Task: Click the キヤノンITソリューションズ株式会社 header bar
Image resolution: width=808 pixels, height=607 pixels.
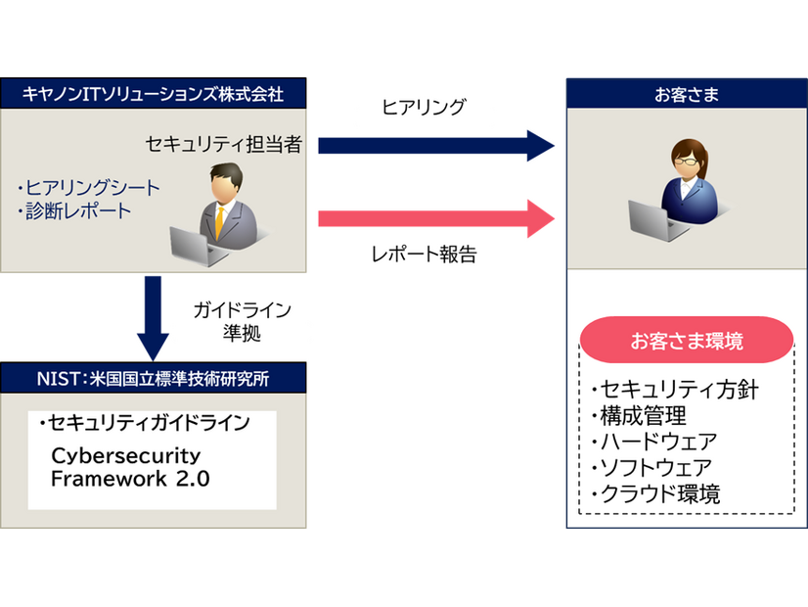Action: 154,94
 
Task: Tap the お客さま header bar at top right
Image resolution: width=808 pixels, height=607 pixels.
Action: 687,94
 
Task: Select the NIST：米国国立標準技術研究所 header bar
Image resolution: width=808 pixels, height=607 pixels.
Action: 154,377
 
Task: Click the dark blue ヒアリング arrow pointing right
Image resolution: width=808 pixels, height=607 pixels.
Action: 435,146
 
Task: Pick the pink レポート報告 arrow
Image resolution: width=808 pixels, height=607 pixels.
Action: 435,217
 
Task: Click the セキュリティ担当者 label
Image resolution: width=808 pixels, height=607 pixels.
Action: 224,145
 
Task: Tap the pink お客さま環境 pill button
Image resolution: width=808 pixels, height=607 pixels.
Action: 687,342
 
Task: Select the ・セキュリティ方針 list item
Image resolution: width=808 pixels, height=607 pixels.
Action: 674,390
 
